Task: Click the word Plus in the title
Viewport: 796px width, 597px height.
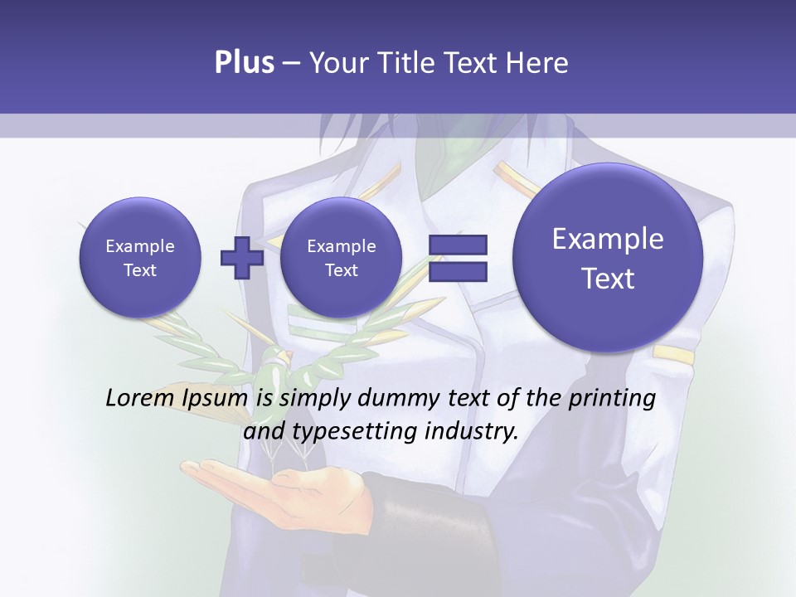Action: coord(244,63)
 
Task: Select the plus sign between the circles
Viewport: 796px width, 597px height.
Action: coord(241,258)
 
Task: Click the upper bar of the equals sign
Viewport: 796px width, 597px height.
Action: coord(457,245)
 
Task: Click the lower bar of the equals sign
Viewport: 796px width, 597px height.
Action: coord(457,271)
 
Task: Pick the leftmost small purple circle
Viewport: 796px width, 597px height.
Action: coord(139,258)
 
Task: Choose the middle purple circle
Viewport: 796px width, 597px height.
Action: coord(341,258)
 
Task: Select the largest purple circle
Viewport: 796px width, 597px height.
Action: coord(608,258)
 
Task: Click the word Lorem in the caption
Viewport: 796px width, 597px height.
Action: coord(140,398)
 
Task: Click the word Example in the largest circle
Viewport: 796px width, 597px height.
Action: coord(608,239)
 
